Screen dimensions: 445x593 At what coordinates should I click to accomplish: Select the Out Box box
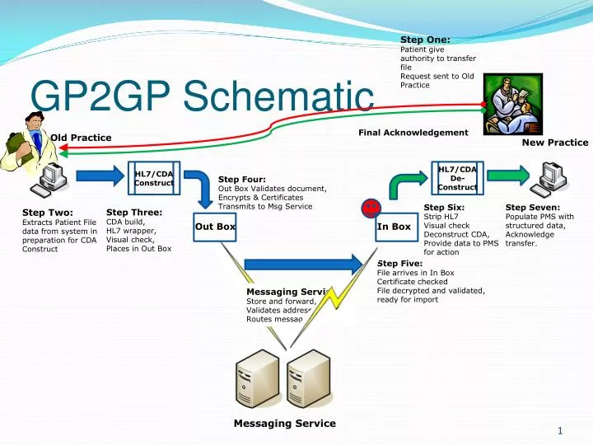point(215,227)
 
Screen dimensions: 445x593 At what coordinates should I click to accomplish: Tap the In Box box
point(395,227)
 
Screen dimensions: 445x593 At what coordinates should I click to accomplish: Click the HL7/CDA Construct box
point(154,178)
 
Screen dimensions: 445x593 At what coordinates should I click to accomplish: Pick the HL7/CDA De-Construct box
point(458,178)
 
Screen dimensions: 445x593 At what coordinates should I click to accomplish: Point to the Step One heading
point(425,39)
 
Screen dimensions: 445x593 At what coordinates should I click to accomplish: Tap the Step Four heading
point(242,179)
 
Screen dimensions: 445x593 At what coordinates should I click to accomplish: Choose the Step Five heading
point(399,264)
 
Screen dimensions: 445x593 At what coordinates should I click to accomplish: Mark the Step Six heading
point(444,207)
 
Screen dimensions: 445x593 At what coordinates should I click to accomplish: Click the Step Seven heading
point(533,207)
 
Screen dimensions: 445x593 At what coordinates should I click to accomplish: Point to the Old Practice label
point(81,137)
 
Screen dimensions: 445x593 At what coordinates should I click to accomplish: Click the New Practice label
point(555,143)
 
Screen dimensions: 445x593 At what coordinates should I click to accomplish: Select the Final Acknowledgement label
point(413,132)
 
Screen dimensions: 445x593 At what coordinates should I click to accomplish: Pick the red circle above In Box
point(372,208)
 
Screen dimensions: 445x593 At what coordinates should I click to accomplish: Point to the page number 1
point(559,431)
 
